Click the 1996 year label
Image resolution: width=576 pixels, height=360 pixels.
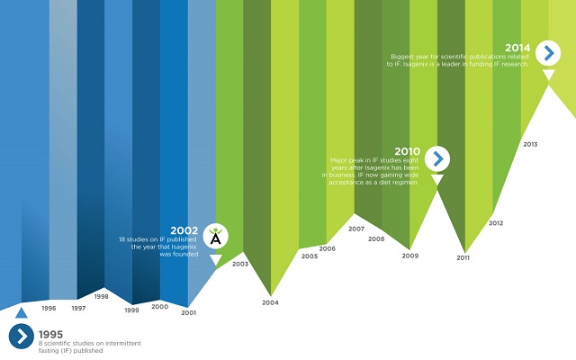pos(49,309)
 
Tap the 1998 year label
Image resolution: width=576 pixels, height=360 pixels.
pos(102,296)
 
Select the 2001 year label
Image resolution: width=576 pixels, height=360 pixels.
pos(188,312)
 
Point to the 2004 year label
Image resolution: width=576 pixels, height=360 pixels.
pos(270,302)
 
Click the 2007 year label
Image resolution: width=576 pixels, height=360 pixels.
pos(356,229)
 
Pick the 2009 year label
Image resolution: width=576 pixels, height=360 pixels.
pos(410,256)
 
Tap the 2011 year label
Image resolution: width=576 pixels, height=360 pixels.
pos(463,258)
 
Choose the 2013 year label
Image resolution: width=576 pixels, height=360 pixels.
pos(530,144)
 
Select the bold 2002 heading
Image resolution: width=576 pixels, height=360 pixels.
pos(184,230)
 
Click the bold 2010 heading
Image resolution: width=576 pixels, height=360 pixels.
pos(407,151)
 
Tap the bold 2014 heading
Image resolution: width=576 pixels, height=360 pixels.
pos(517,48)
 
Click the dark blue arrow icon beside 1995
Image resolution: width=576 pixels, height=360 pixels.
pos(21,337)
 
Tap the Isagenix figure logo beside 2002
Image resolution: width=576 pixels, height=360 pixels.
pos(216,236)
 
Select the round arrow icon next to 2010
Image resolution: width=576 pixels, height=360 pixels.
pos(437,159)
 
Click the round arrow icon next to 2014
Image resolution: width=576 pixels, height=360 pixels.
pos(548,53)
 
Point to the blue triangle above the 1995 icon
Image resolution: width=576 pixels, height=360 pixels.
pos(21,312)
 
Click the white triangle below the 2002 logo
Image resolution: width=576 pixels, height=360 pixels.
pos(216,260)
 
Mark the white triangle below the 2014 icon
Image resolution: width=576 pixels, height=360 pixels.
pos(548,76)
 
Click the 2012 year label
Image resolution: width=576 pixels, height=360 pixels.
pos(496,223)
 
